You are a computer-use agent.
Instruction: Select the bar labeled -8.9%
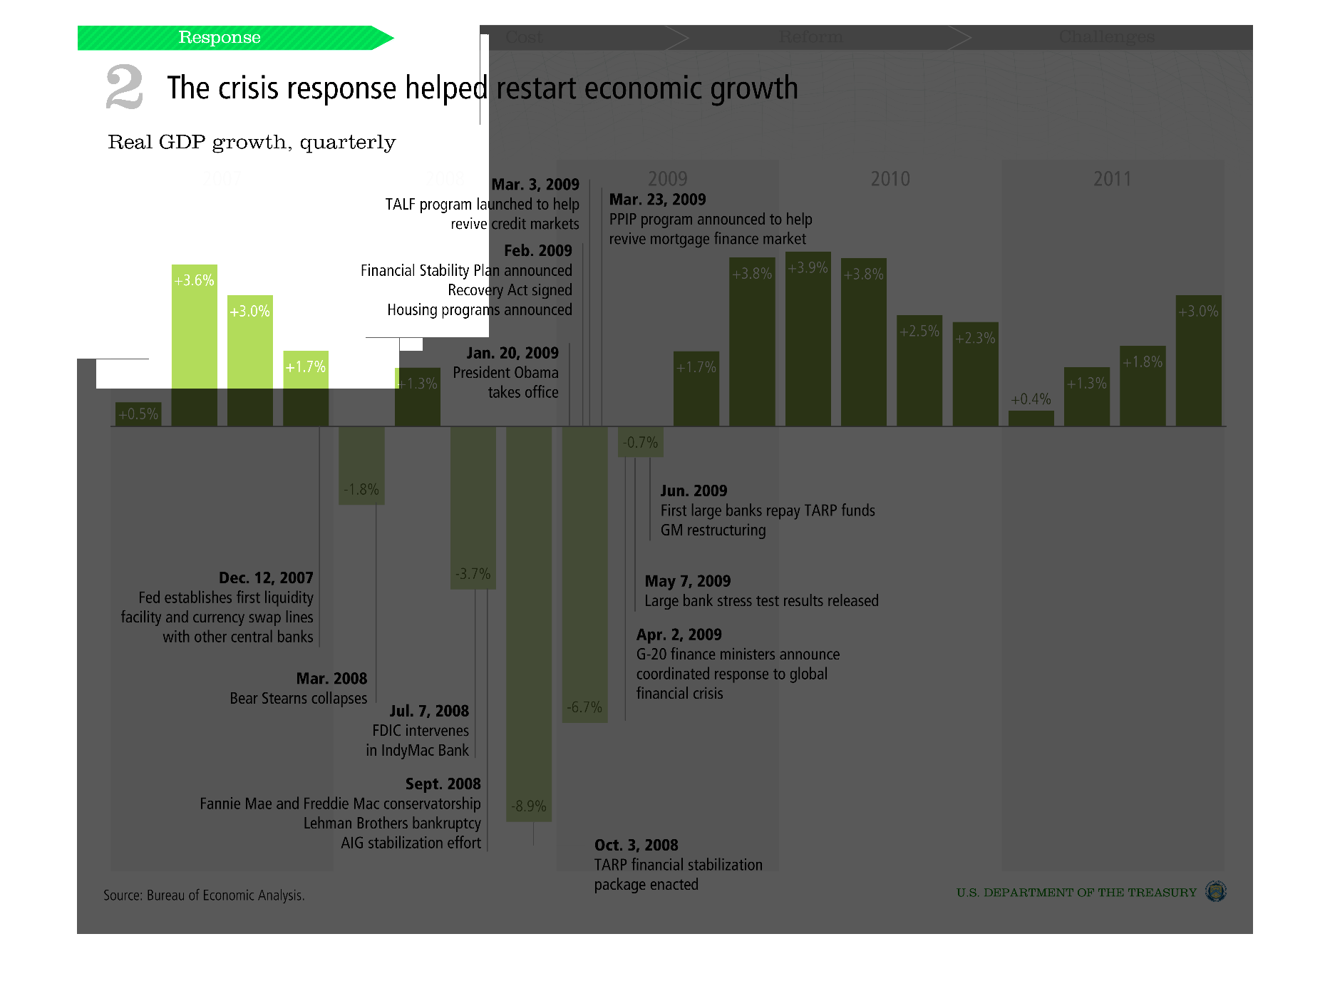tap(528, 623)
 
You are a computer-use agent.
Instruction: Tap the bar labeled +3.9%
tap(808, 339)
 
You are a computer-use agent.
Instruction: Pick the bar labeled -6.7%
tap(584, 574)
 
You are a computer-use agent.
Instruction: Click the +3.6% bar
tap(194, 345)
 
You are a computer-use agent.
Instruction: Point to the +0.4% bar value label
tap(1031, 399)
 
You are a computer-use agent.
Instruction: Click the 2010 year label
tap(890, 179)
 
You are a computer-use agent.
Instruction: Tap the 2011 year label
tap(1112, 179)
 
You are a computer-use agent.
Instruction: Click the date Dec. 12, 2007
tap(266, 577)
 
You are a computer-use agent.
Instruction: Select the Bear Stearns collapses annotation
tap(298, 699)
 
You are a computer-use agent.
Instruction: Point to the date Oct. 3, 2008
tap(636, 846)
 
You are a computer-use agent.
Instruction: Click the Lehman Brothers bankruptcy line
tap(392, 823)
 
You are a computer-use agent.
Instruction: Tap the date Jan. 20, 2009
tap(512, 353)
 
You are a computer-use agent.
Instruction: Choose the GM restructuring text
tap(713, 530)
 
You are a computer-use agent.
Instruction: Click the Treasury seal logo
tap(1215, 891)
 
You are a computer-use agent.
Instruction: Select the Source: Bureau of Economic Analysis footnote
tap(204, 895)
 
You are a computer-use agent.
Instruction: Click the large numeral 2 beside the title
tap(124, 87)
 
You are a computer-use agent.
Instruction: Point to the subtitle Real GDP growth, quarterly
tap(252, 143)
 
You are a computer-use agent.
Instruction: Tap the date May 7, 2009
tap(687, 581)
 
